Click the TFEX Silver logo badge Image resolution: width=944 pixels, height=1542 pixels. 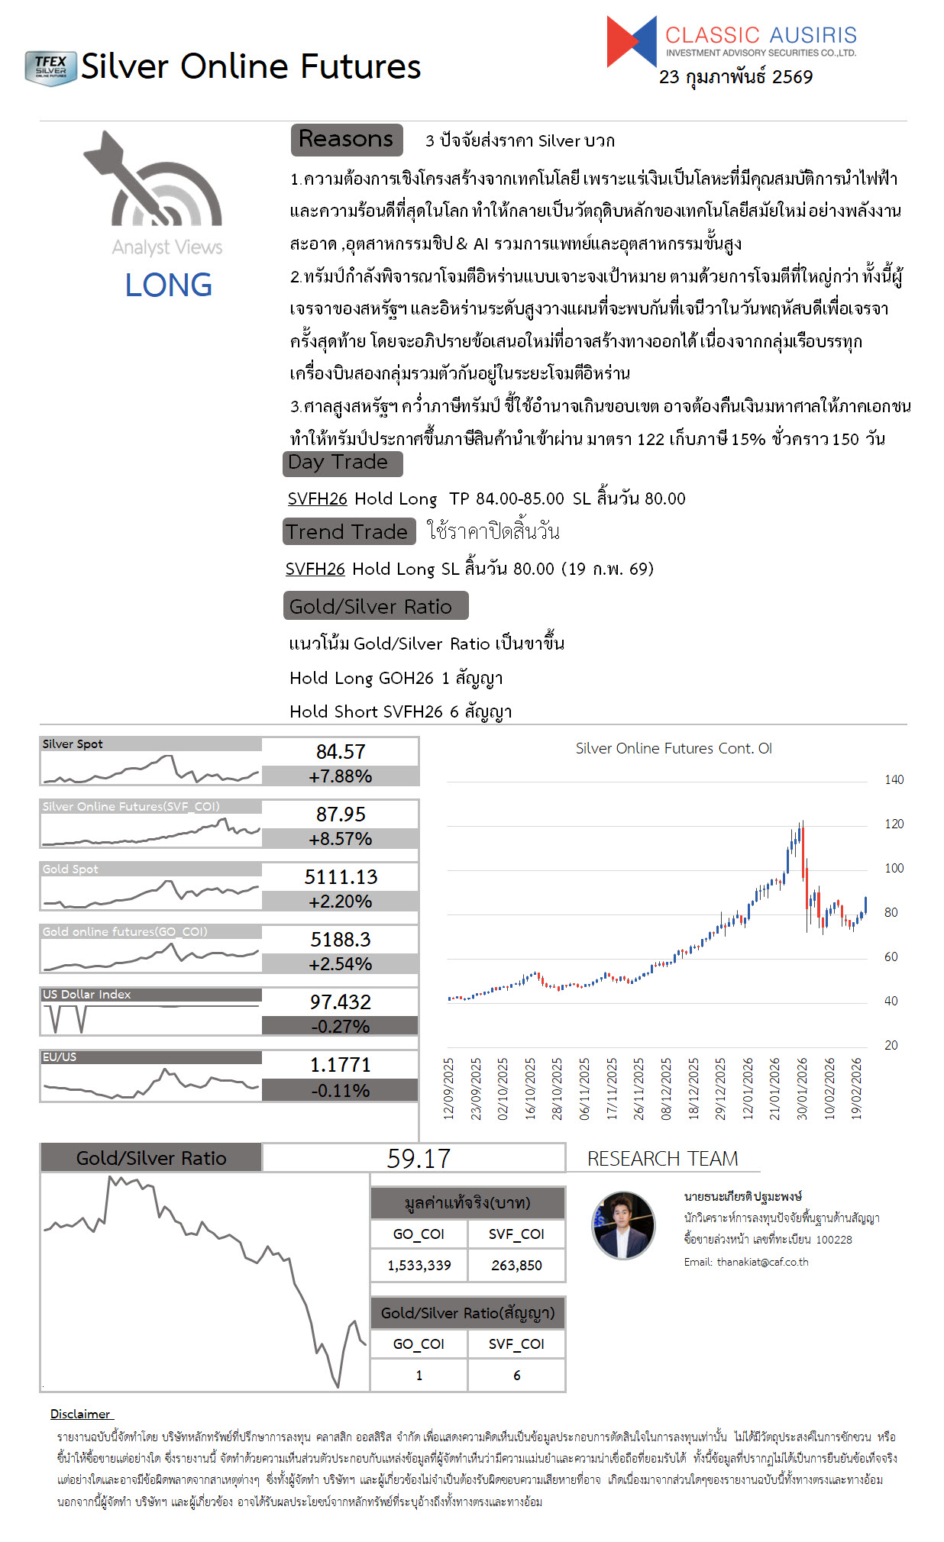(50, 68)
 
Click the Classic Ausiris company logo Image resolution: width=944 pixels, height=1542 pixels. (731, 41)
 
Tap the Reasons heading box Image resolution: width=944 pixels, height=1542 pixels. (346, 139)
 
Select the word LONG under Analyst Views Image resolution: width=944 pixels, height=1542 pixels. (169, 285)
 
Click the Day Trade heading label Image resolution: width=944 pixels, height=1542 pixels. (338, 463)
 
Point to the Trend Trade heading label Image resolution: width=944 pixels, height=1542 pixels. (347, 531)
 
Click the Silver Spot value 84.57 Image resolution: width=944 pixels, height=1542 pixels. (341, 752)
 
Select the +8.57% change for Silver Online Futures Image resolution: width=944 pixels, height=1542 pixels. (340, 839)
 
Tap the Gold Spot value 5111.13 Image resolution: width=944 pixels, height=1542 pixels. (341, 877)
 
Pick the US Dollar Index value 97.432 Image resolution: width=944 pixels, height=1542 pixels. (341, 1002)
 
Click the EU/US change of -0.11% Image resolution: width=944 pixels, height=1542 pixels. (340, 1091)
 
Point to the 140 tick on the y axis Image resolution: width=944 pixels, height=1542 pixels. (894, 779)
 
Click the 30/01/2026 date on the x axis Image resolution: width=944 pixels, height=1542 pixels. (802, 1089)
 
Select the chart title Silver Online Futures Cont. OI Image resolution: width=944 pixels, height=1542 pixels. (674, 748)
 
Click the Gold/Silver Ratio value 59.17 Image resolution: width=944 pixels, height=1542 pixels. (419, 1159)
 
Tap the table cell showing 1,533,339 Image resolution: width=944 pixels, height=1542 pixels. (419, 1266)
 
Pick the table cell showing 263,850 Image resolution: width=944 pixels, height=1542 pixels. (516, 1266)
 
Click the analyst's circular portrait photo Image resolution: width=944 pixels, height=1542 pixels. (623, 1225)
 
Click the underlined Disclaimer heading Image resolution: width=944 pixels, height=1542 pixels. (81, 1414)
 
